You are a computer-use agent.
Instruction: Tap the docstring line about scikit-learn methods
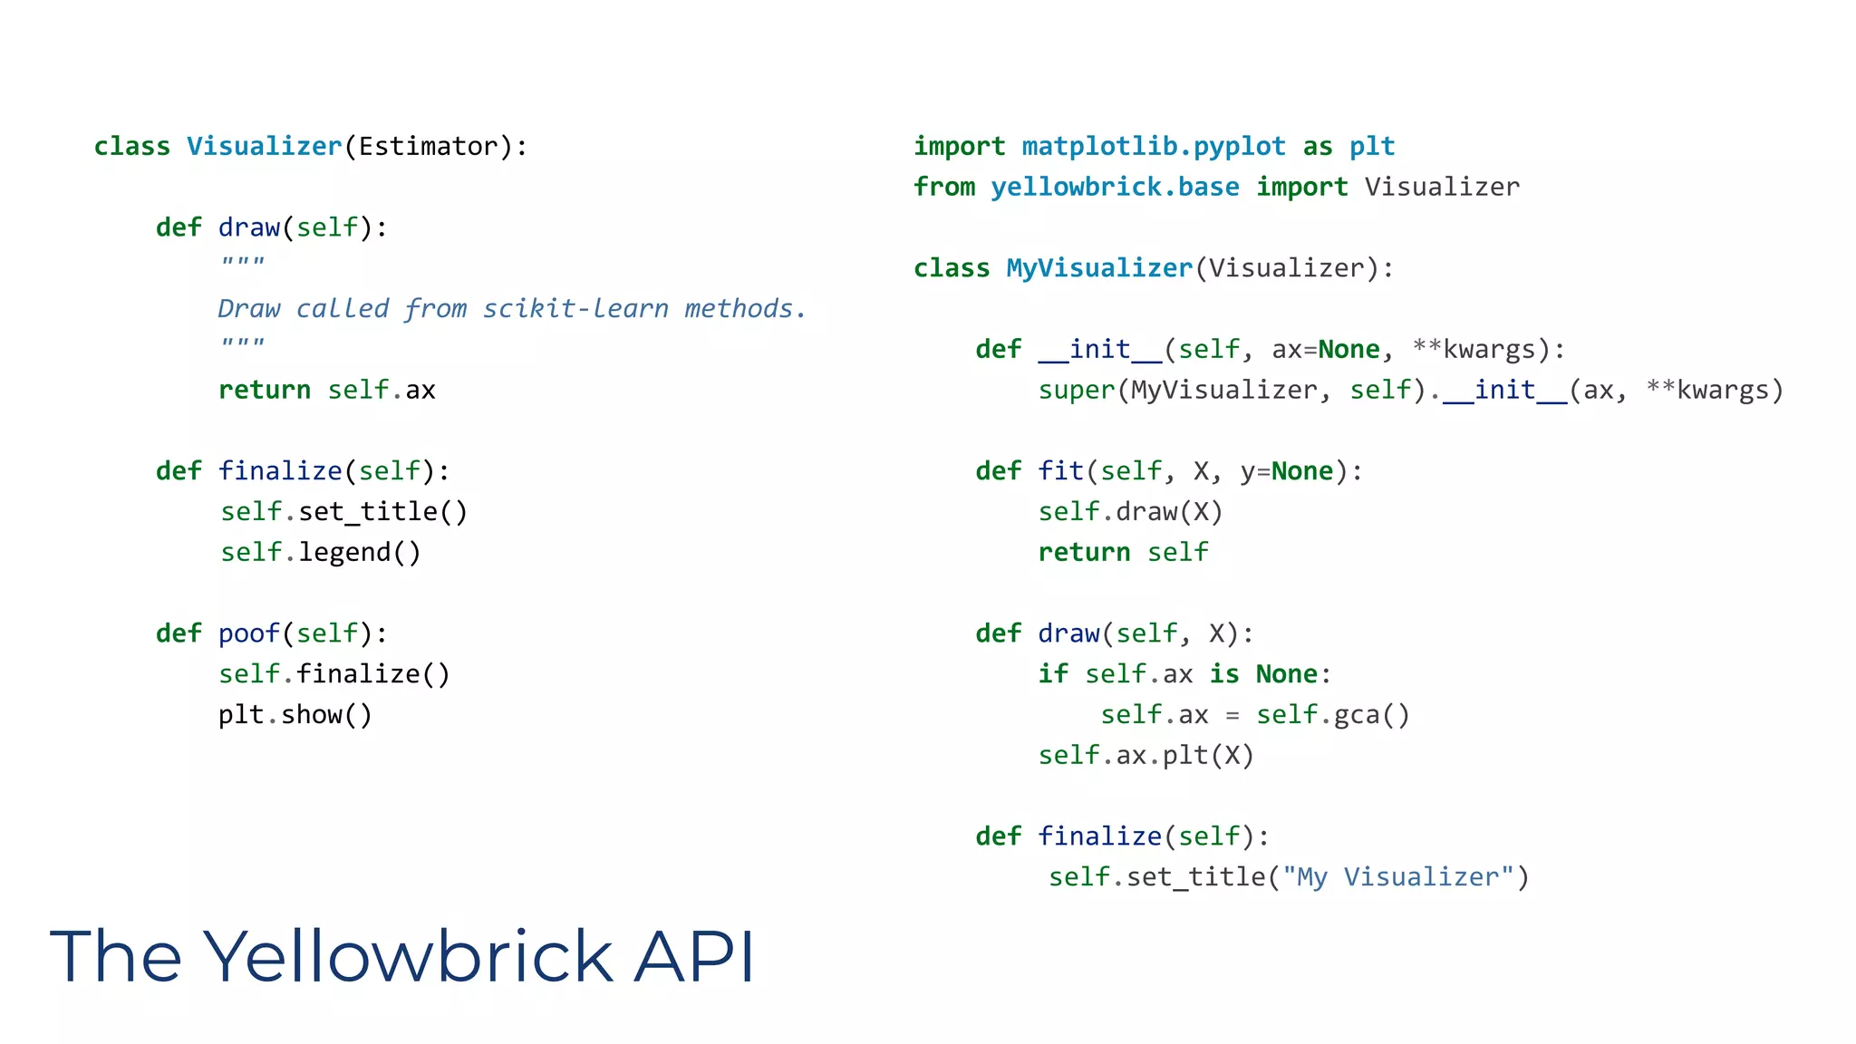coord(511,309)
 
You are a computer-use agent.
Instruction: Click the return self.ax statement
coord(326,390)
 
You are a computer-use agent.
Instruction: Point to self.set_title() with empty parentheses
coord(343,512)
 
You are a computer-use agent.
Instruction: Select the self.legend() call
coord(320,553)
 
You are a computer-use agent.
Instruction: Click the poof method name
coord(248,633)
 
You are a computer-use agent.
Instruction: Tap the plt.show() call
coord(295,715)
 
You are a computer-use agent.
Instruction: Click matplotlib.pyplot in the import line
coord(1153,146)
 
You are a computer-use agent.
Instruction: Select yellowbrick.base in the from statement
coord(1114,187)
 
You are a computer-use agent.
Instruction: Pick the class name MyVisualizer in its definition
coord(1098,268)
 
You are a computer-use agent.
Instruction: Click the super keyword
coord(1076,391)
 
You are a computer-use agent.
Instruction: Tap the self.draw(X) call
coord(1130,512)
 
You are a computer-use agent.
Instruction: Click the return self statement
coord(1123,553)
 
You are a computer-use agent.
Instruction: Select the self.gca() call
coord(1332,715)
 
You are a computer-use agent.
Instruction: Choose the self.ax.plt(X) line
coord(1145,756)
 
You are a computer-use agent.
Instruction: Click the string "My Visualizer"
coord(1397,877)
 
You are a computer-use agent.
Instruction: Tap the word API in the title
coord(693,956)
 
